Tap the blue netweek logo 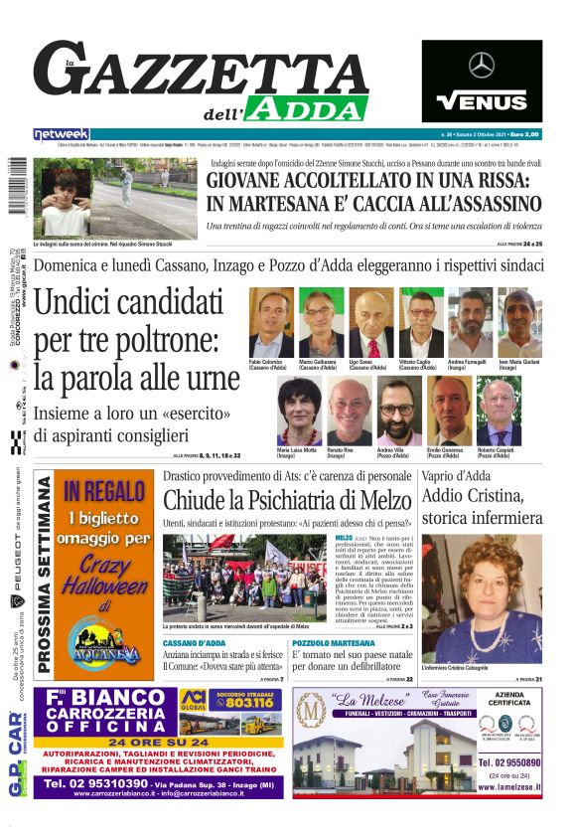pos(61,134)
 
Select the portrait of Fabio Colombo pos(271,323)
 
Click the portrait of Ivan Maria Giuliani pos(519,323)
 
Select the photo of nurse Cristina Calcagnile pos(482,599)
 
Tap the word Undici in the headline pos(80,303)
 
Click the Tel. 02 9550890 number pos(509,760)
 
